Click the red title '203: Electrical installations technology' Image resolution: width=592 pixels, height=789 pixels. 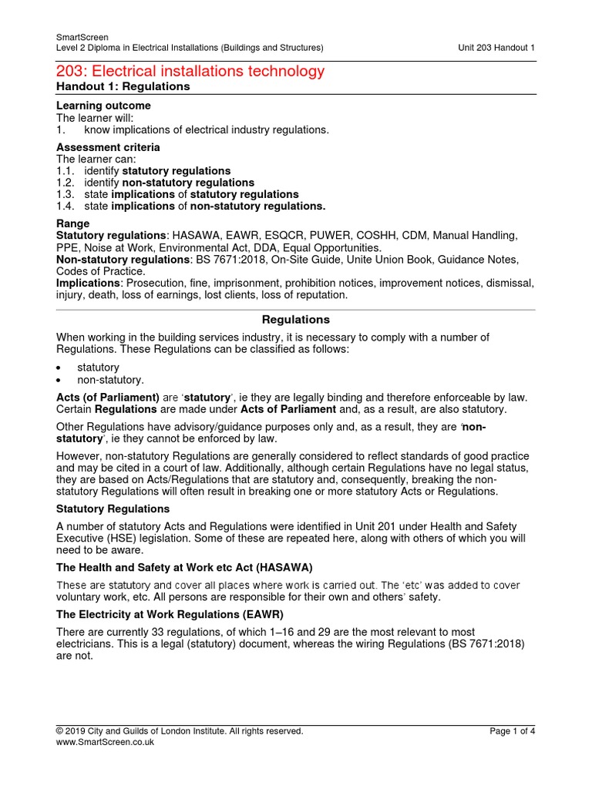coord(191,72)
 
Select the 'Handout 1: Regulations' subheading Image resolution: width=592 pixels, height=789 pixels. coord(123,87)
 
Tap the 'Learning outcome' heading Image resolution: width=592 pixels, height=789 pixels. coord(104,106)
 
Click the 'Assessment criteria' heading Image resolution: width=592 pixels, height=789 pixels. coord(109,147)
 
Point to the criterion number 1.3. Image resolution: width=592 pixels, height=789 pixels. coord(66,195)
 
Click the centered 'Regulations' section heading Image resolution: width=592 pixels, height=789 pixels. coord(296,319)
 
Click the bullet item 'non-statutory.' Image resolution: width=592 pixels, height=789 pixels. coord(110,380)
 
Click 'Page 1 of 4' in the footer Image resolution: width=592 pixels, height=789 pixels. coord(512,731)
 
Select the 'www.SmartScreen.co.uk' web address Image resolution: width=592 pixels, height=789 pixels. coord(106,742)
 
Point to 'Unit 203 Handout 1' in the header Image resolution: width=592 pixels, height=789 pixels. coord(496,48)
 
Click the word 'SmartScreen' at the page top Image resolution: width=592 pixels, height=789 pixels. coord(82,37)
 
